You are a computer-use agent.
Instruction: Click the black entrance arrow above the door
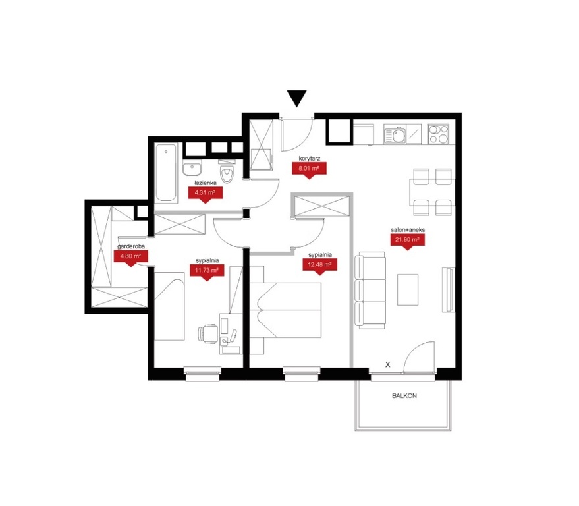[297, 97]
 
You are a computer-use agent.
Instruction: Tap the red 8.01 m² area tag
[309, 170]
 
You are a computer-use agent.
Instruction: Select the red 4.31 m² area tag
[205, 194]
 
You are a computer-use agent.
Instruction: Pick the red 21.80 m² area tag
[407, 241]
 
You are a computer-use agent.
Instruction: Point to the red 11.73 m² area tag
[207, 272]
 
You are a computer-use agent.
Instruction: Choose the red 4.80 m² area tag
[130, 258]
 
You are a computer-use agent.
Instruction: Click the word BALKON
[404, 395]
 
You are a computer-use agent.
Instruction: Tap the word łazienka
[206, 183]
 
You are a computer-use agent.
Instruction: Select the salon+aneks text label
[408, 230]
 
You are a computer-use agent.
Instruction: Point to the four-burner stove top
[439, 134]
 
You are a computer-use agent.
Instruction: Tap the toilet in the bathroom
[227, 171]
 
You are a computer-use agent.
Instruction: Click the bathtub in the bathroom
[166, 173]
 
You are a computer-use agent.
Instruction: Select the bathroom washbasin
[192, 168]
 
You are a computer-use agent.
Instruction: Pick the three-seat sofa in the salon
[370, 291]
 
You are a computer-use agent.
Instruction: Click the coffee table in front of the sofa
[408, 289]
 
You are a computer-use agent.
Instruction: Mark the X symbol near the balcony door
[388, 364]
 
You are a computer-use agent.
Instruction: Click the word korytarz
[310, 158]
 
